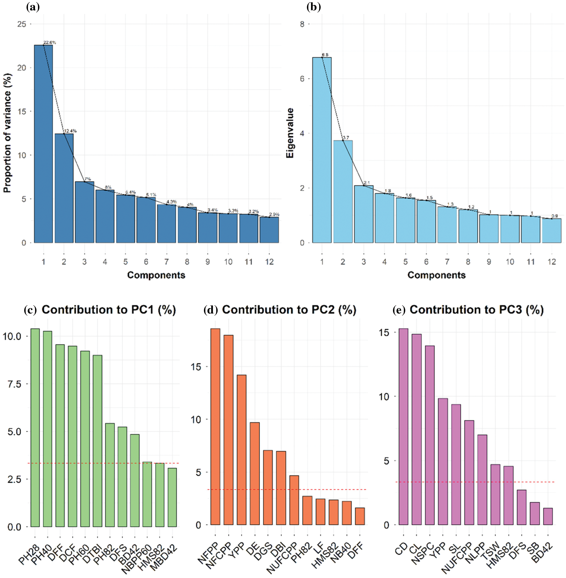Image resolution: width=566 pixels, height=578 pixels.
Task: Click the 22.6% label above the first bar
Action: click(x=50, y=43)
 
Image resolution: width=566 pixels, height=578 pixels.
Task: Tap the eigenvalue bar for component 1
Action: click(x=322, y=150)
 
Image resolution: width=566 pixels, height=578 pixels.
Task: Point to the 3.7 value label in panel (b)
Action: click(x=346, y=138)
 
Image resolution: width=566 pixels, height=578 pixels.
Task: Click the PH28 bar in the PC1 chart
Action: click(x=35, y=428)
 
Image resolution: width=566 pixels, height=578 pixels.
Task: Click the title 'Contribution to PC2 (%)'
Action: click(x=289, y=310)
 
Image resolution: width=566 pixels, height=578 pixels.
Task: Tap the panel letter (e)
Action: click(x=399, y=310)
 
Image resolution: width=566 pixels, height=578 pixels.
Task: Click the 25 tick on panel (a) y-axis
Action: click(x=22, y=24)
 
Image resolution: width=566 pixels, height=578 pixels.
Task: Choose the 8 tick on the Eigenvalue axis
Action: click(x=302, y=24)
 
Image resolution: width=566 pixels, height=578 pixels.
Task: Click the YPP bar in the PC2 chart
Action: click(x=241, y=450)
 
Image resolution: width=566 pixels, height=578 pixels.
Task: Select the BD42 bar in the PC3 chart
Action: click(x=548, y=516)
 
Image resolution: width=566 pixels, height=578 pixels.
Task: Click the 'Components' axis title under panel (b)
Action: click(x=436, y=275)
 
